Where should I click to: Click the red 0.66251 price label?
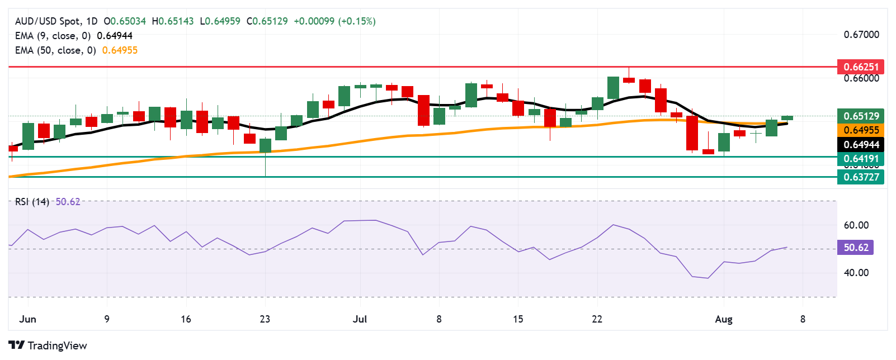pyautogui.click(x=860, y=67)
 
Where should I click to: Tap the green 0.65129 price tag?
pyautogui.click(x=860, y=116)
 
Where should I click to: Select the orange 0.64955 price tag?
pyautogui.click(x=860, y=130)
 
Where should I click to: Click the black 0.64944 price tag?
pyautogui.click(x=860, y=145)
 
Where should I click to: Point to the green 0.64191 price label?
pyautogui.click(x=860, y=159)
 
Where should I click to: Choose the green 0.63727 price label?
pyautogui.click(x=860, y=177)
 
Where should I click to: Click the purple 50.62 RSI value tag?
pyautogui.click(x=855, y=247)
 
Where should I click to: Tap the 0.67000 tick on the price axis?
pyautogui.click(x=861, y=35)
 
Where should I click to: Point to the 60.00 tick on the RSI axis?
pyautogui.click(x=856, y=225)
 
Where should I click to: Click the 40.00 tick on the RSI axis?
pyautogui.click(x=856, y=273)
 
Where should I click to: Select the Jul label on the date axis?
pyautogui.click(x=360, y=319)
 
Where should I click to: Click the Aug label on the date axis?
pyautogui.click(x=723, y=319)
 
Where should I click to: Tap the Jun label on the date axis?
pyautogui.click(x=27, y=319)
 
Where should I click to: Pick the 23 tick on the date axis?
pyautogui.click(x=265, y=319)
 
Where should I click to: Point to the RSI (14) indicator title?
pyautogui.click(x=32, y=202)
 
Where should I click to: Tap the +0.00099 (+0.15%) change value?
pyautogui.click(x=334, y=21)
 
